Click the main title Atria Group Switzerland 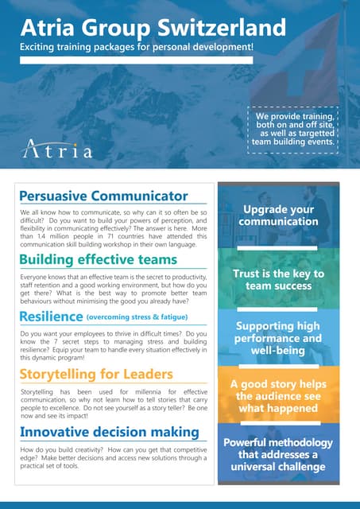point(153,28)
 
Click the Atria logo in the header point(58,149)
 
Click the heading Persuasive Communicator point(103,196)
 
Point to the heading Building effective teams point(98,259)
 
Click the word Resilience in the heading point(51,317)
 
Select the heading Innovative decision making point(109,432)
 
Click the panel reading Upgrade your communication point(279,215)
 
